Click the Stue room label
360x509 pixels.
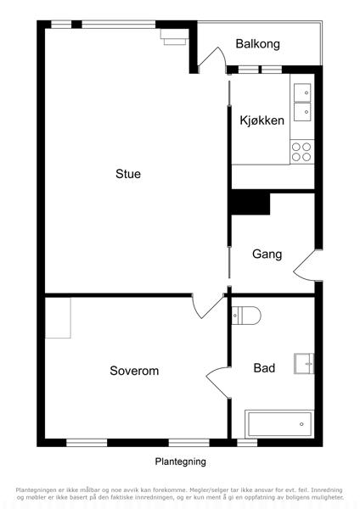coord(128,174)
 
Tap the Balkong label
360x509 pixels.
coord(257,44)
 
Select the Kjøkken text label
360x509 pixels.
coord(262,120)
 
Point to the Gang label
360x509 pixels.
coord(267,254)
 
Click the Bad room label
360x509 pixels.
coord(264,368)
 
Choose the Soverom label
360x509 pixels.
coord(134,371)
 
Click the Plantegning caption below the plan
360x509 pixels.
coord(180,461)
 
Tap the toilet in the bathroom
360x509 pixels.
coord(246,316)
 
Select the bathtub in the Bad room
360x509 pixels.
coord(279,424)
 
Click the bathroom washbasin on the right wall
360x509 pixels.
coord(304,364)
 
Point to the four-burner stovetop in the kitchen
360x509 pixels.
coord(301,152)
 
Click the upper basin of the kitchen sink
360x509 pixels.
coord(302,92)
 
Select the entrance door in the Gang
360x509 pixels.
coord(306,265)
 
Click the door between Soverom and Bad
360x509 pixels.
coord(217,383)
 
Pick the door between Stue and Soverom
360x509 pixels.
coord(207,306)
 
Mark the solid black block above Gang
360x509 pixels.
coord(250,202)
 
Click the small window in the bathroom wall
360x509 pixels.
coord(247,443)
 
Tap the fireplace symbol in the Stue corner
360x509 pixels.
coord(174,37)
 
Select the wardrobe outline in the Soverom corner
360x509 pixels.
coord(58,318)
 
